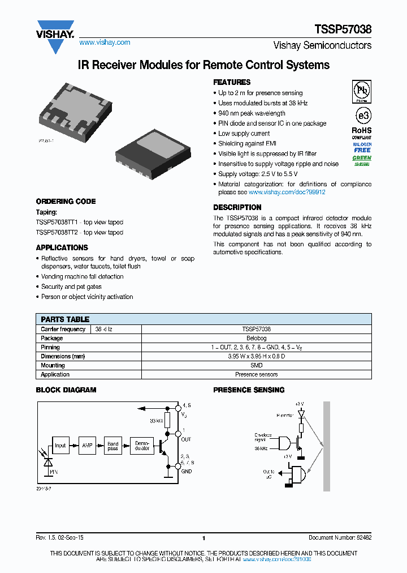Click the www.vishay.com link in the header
click(105, 42)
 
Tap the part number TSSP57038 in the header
click(343, 30)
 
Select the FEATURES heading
click(232, 82)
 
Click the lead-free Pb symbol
click(362, 91)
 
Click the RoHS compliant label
click(362, 133)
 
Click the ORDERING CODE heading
click(66, 202)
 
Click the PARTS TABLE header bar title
click(65, 319)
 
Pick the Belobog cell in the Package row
click(256, 338)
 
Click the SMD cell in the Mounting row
click(256, 365)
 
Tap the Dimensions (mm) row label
click(63, 356)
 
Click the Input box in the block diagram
click(60, 446)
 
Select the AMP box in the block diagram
click(86, 446)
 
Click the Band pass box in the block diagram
click(113, 446)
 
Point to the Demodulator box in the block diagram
click(142, 446)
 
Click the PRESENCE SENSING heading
click(248, 390)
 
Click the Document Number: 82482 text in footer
click(340, 538)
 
